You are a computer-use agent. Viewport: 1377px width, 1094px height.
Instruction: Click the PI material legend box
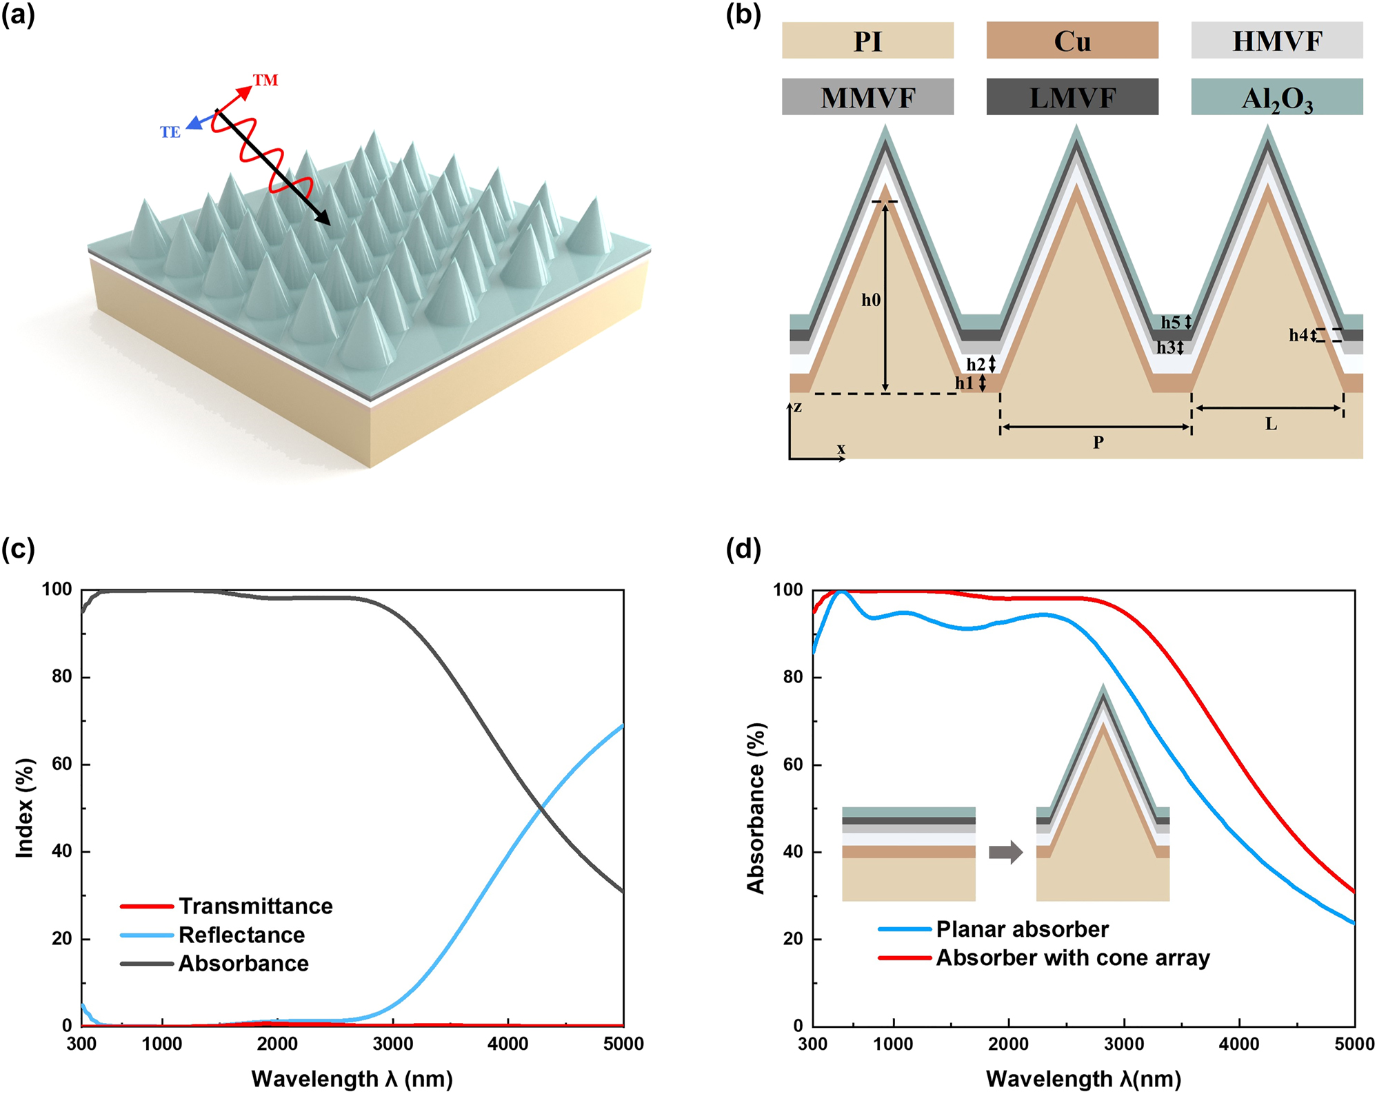pyautogui.click(x=867, y=41)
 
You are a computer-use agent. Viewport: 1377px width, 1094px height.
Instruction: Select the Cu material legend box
pyautogui.click(x=1072, y=41)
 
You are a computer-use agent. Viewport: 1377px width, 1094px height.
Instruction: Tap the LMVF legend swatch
pyautogui.click(x=1072, y=97)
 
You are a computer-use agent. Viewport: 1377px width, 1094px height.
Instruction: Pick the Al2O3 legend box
pyautogui.click(x=1276, y=97)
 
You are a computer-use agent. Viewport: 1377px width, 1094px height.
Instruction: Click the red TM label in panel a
pyautogui.click(x=265, y=80)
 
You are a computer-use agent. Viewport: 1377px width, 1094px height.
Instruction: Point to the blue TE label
pyautogui.click(x=170, y=132)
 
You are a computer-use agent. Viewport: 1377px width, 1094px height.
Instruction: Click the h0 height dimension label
pyautogui.click(x=870, y=300)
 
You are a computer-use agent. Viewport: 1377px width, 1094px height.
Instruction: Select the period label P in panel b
pyautogui.click(x=1098, y=442)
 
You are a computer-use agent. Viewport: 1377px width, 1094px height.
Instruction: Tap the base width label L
pyautogui.click(x=1271, y=424)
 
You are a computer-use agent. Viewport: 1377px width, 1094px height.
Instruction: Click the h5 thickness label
pyautogui.click(x=1170, y=322)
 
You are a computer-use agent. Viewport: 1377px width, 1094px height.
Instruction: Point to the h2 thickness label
pyautogui.click(x=975, y=364)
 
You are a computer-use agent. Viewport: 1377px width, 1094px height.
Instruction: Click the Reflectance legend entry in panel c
pyautogui.click(x=241, y=935)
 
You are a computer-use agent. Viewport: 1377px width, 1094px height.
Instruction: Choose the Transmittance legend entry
pyautogui.click(x=255, y=906)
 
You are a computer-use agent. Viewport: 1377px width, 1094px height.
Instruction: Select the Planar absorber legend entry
pyautogui.click(x=1022, y=929)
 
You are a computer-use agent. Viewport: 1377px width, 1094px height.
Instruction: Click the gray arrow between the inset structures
pyautogui.click(x=1005, y=852)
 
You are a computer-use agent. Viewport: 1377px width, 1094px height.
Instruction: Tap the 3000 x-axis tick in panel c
pyautogui.click(x=392, y=1044)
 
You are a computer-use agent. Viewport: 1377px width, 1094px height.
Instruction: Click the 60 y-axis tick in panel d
pyautogui.click(x=793, y=764)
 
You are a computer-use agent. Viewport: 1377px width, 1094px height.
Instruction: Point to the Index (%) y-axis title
pyautogui.click(x=25, y=808)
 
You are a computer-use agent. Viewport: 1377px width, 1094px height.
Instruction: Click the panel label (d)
pyautogui.click(x=743, y=549)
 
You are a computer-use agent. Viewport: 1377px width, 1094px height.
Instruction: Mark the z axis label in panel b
pyautogui.click(x=797, y=407)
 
